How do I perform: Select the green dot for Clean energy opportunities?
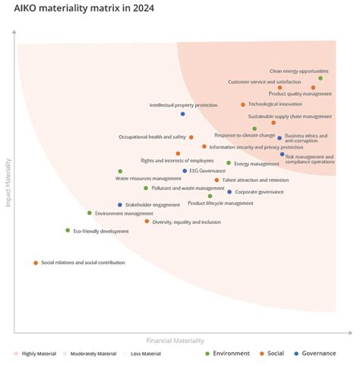(321, 78)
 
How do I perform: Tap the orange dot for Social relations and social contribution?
(36, 263)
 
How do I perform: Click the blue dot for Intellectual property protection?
(183, 114)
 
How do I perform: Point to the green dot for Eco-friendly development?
(68, 230)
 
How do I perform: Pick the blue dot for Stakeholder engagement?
(120, 205)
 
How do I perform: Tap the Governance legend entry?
(319, 354)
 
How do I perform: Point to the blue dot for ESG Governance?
(185, 171)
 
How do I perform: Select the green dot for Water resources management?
(120, 171)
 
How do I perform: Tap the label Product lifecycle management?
(220, 203)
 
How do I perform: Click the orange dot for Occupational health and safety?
(191, 137)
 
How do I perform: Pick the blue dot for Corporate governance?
(229, 192)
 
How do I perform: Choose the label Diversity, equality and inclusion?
(186, 222)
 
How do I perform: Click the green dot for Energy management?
(229, 162)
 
